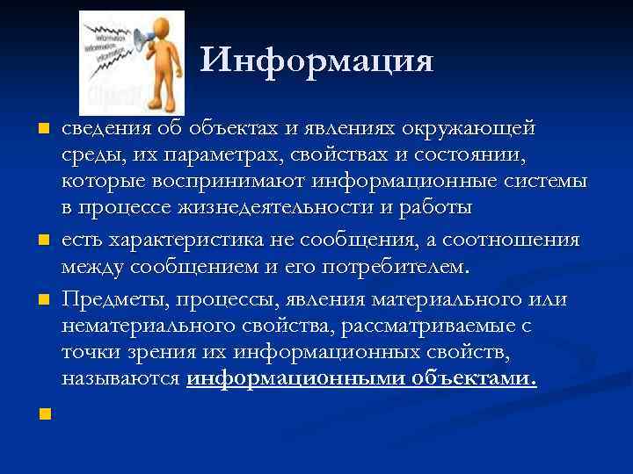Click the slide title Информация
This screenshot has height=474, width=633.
[316, 61]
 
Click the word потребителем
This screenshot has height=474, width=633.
[398, 266]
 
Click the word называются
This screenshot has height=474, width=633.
[121, 379]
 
